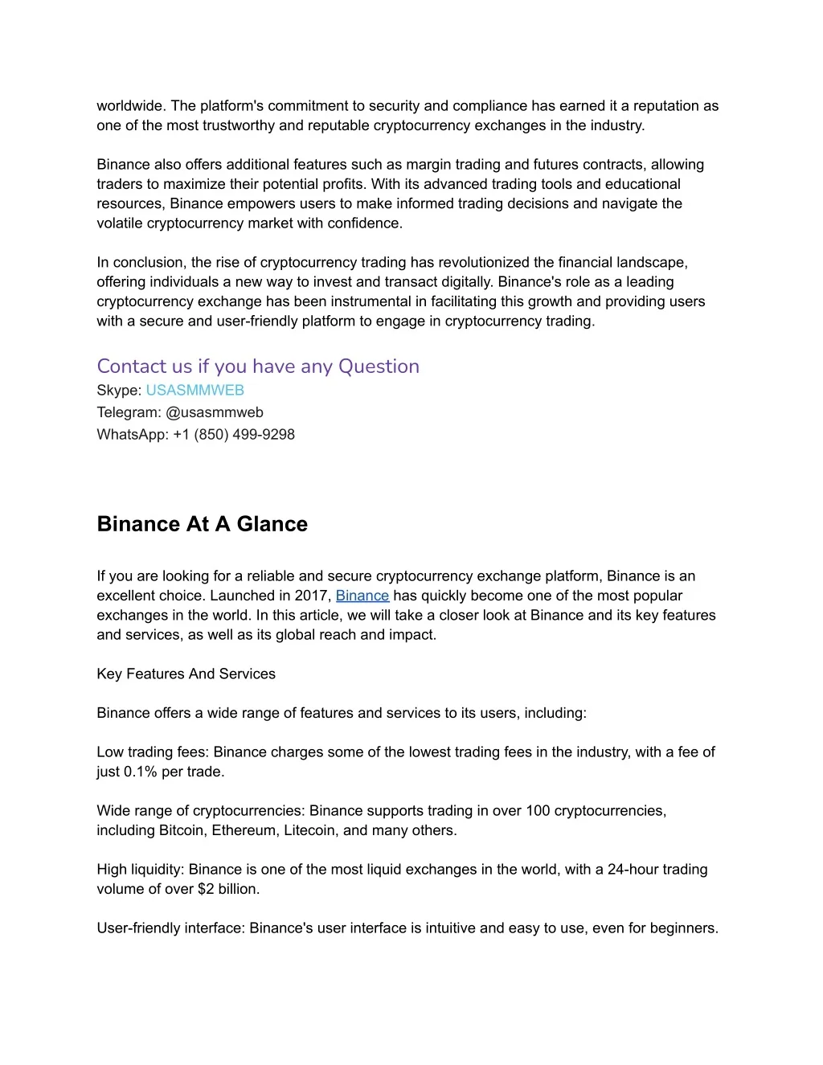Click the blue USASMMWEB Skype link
click(x=194, y=391)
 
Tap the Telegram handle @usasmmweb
click(x=215, y=412)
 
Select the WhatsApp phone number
click(x=234, y=435)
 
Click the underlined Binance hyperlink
click(x=362, y=596)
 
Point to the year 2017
click(x=313, y=596)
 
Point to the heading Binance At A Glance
click(x=203, y=524)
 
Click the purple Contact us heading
click(x=258, y=367)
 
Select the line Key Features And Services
click(x=186, y=674)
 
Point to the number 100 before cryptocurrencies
click(x=538, y=811)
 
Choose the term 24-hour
click(x=633, y=870)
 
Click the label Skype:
click(x=119, y=391)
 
